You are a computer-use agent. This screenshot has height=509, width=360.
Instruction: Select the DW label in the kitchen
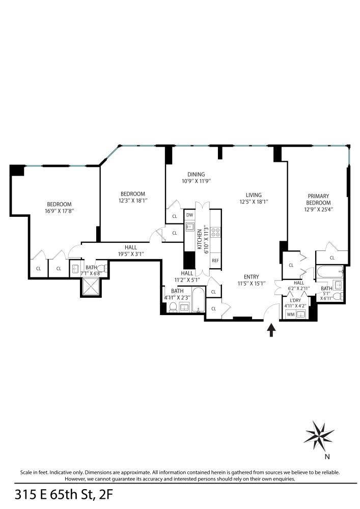point(189,215)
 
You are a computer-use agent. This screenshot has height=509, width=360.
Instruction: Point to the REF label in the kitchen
point(215,260)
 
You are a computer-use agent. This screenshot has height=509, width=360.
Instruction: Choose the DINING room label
point(196,174)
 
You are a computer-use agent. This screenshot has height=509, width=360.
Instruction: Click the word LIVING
point(253,195)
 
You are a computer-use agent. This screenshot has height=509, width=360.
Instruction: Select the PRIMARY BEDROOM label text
point(318,199)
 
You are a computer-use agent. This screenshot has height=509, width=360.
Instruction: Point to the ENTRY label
point(251,277)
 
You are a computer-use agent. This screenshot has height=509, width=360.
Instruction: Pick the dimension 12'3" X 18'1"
point(132,201)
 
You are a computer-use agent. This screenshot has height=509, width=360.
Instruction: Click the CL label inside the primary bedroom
point(332,258)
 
